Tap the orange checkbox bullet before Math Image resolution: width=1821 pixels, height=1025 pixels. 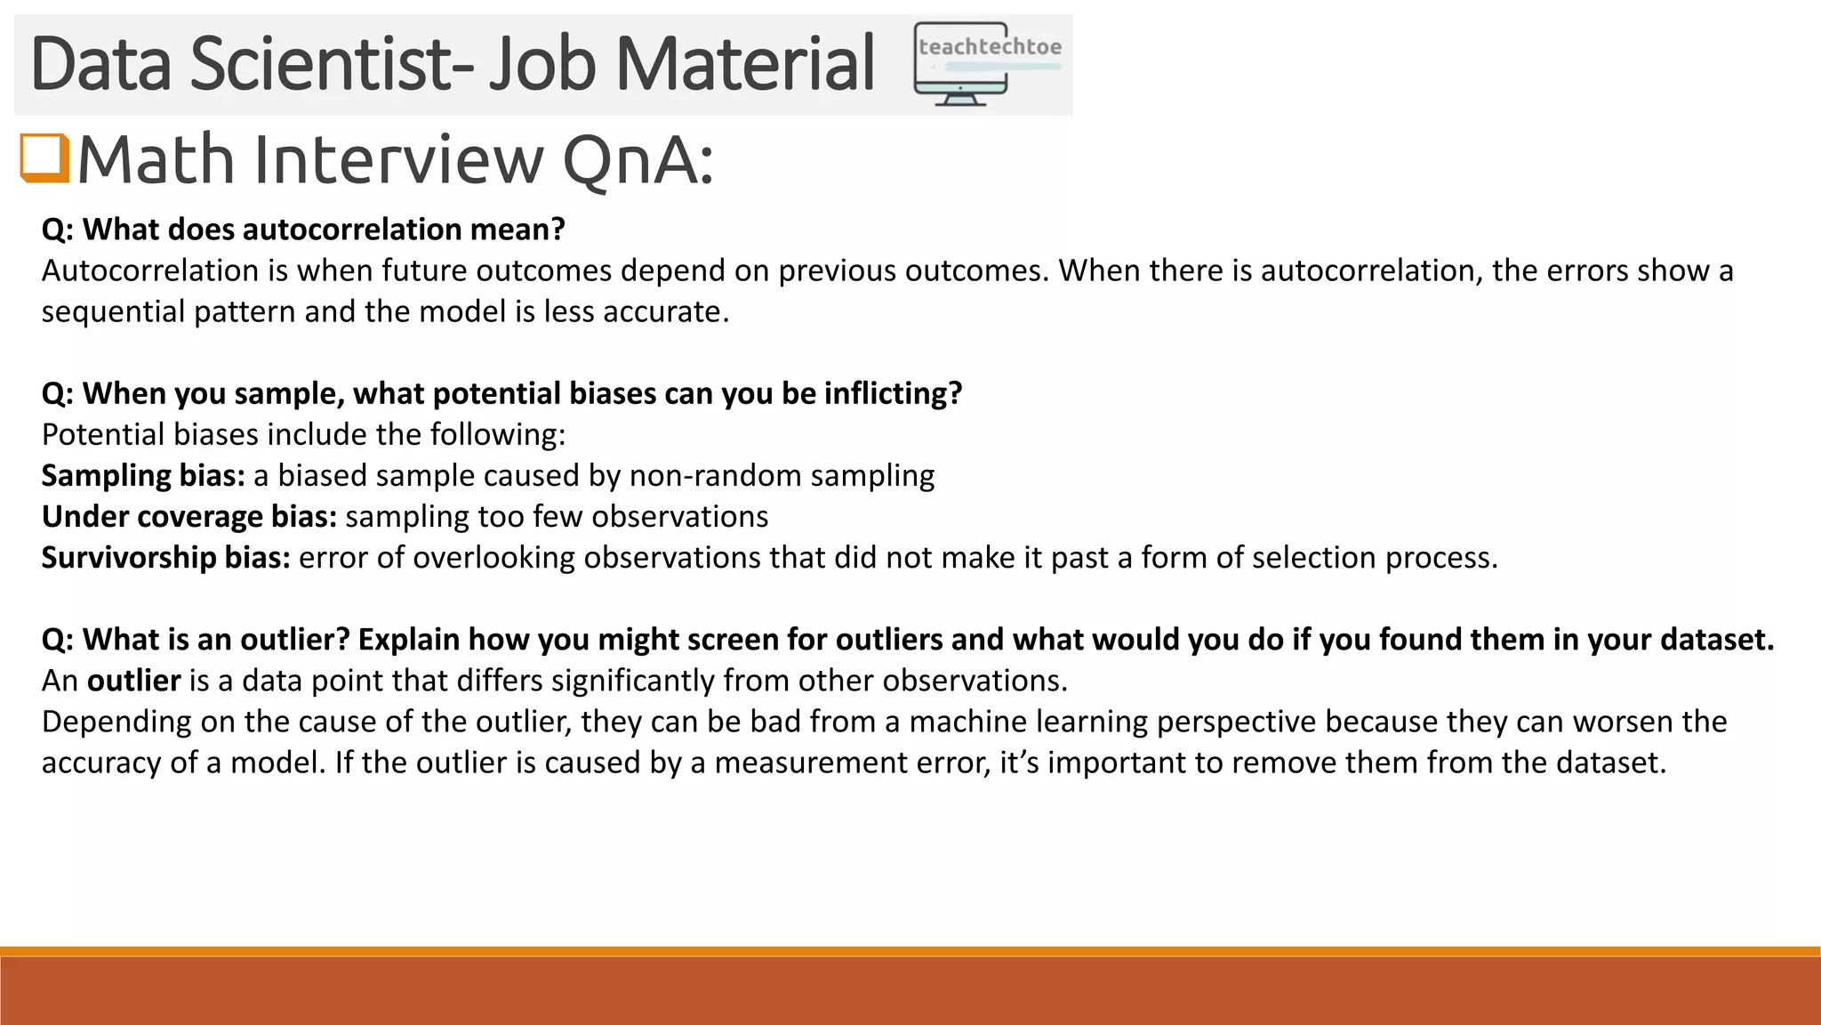point(44,158)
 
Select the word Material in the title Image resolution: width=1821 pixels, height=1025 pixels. point(745,64)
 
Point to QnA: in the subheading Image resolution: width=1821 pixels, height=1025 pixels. point(638,160)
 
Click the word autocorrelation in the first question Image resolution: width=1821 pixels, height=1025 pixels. point(352,230)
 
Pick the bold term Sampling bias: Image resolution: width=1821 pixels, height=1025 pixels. point(143,476)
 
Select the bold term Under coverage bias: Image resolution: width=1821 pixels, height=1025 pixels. point(189,517)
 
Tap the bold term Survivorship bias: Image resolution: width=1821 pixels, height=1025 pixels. point(166,558)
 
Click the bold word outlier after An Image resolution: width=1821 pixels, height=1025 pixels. point(134,681)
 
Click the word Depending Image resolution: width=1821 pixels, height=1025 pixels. point(116,722)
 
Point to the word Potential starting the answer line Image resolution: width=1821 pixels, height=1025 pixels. point(103,435)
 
